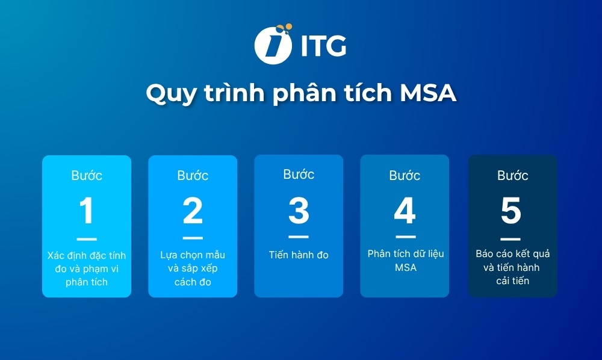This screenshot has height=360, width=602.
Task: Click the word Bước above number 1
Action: (x=87, y=176)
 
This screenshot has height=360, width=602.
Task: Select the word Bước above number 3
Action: (x=299, y=175)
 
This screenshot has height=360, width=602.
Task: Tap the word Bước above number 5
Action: (x=513, y=176)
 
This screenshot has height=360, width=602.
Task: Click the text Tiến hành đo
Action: (x=299, y=255)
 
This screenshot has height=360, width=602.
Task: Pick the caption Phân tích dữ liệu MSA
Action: (x=405, y=260)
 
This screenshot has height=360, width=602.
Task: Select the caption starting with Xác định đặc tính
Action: (x=87, y=268)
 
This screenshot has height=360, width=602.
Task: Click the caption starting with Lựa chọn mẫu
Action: (x=193, y=268)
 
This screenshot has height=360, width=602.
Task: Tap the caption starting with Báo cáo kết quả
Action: (x=513, y=267)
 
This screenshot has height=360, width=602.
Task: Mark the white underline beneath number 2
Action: (x=193, y=238)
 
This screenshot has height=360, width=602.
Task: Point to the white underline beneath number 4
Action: (x=405, y=237)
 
